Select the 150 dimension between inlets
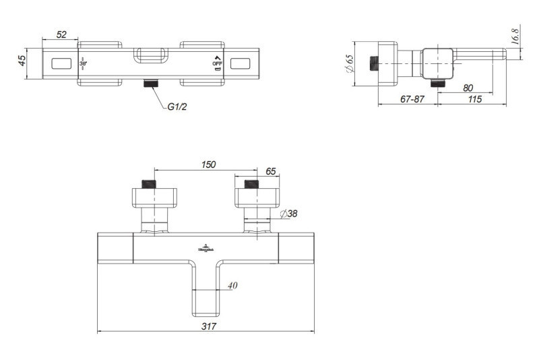pos(209,164)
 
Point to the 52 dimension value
pos(61,34)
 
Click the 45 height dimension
pos(22,60)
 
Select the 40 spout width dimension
pos(232,285)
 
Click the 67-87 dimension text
pos(412,99)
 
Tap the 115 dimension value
pos(474,99)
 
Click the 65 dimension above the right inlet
pos(271,172)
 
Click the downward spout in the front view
pos(208,290)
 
